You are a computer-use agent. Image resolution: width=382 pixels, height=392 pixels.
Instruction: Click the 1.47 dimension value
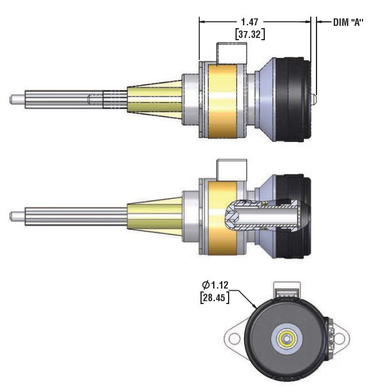[x=249, y=22]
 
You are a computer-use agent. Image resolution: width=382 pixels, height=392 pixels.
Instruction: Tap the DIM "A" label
[x=349, y=22]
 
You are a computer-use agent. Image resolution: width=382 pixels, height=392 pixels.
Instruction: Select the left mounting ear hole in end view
[x=234, y=338]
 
